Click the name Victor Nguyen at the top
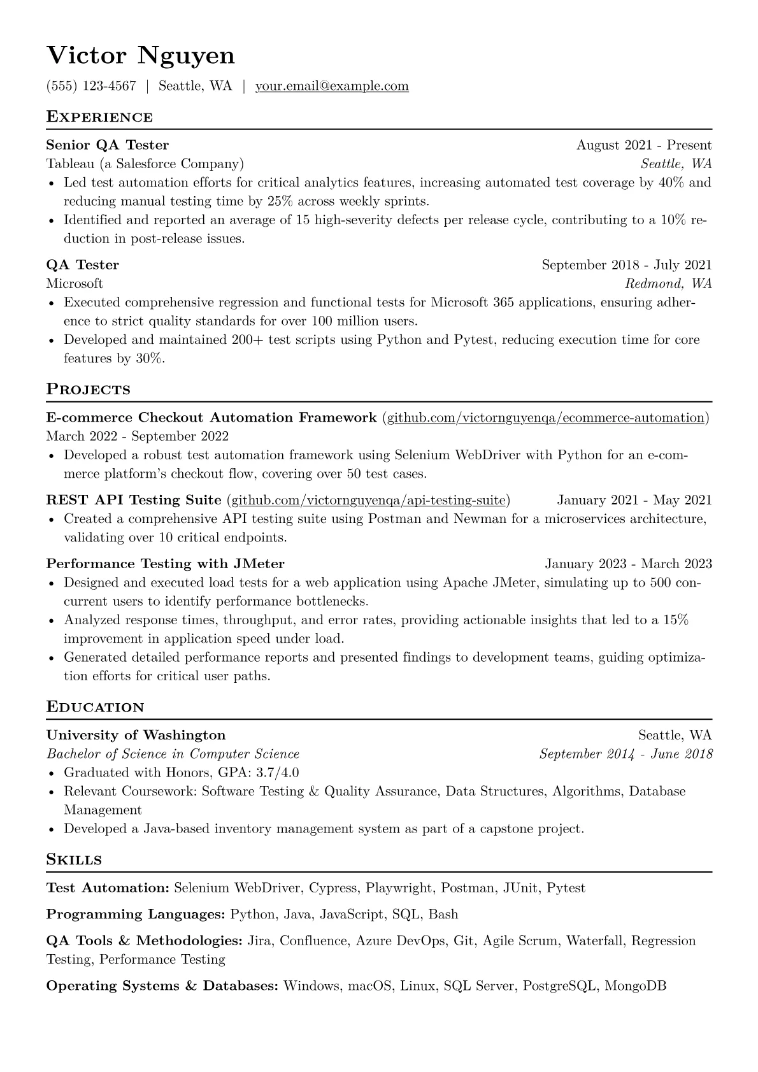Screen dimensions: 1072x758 coord(141,56)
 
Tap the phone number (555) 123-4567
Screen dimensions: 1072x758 coord(91,86)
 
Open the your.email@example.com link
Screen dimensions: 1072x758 coord(332,86)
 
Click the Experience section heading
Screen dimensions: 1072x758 coord(99,117)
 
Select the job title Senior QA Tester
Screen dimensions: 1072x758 coord(108,145)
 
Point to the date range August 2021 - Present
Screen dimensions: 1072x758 coord(644,145)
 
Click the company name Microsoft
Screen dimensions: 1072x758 coord(75,283)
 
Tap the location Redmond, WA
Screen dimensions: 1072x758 coord(668,283)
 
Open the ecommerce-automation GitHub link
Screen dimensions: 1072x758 coord(546,418)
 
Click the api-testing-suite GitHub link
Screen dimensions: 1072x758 coord(368,501)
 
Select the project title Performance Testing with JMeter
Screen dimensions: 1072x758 coord(166,564)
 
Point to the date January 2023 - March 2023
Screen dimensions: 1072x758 coord(629,564)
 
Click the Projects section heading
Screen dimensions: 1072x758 coord(89,390)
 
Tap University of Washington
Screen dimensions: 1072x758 coord(136,736)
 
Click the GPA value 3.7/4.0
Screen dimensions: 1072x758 coord(277,773)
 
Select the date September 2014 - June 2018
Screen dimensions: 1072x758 coord(626,754)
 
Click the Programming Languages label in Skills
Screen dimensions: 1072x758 coord(136,915)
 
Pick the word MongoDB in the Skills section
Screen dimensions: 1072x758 coord(635,987)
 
